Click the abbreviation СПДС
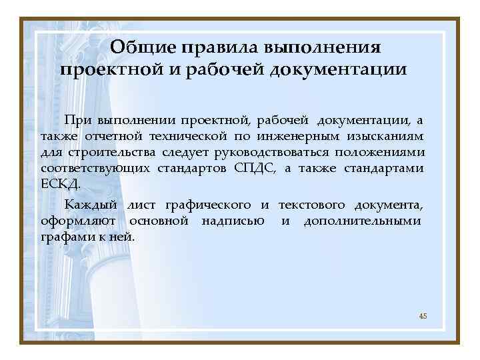point(255,168)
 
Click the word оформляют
point(79,221)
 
